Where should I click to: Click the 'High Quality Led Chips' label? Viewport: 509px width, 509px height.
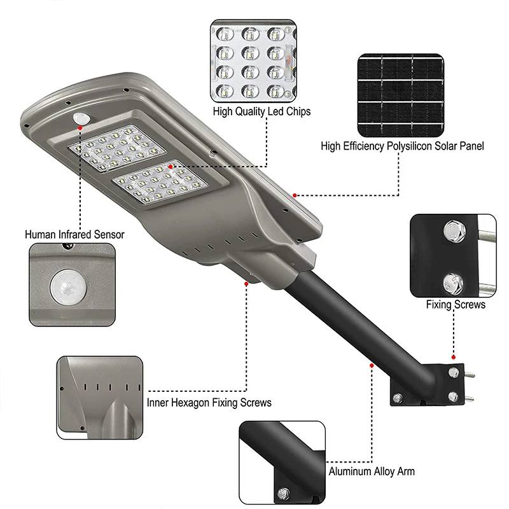261,112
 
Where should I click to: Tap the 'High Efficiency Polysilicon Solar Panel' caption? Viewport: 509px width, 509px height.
402,146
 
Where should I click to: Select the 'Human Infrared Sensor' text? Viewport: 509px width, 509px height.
74,234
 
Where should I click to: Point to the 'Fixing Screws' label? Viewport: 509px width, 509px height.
456,305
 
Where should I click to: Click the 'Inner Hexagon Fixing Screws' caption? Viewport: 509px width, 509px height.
209,402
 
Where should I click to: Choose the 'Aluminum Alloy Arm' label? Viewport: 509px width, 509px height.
372,471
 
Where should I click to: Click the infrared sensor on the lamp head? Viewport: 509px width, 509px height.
81,118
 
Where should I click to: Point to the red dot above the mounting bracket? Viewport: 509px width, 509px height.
453,358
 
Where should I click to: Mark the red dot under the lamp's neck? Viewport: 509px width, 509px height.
246,283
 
